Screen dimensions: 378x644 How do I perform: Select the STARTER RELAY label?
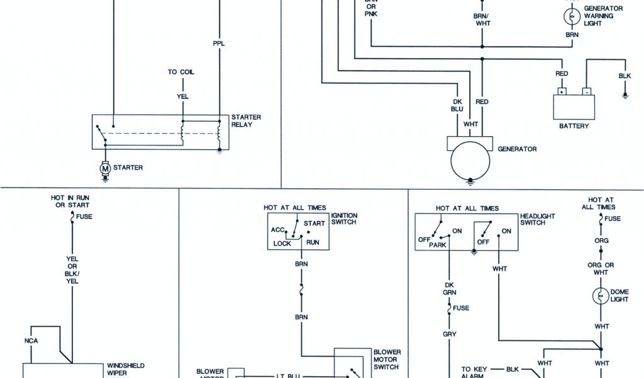click(246, 121)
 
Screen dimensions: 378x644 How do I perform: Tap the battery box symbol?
click(574, 106)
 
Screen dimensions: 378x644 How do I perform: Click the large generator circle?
click(470, 161)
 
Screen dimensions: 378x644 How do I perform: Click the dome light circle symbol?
click(601, 295)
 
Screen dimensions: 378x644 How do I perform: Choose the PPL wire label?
click(219, 44)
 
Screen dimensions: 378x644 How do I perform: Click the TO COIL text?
click(181, 72)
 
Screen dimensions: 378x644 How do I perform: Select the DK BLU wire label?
click(457, 105)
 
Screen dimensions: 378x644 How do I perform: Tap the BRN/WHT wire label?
click(482, 20)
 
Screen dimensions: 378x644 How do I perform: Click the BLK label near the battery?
click(625, 76)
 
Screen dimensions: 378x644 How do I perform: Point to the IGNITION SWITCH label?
click(343, 219)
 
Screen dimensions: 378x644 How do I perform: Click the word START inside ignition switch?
click(314, 223)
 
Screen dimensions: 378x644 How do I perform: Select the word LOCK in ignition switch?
click(282, 243)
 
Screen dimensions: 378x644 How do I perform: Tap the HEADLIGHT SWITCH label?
click(538, 219)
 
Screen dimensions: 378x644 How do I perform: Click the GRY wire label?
click(450, 334)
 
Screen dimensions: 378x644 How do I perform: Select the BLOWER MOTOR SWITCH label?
click(387, 359)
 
